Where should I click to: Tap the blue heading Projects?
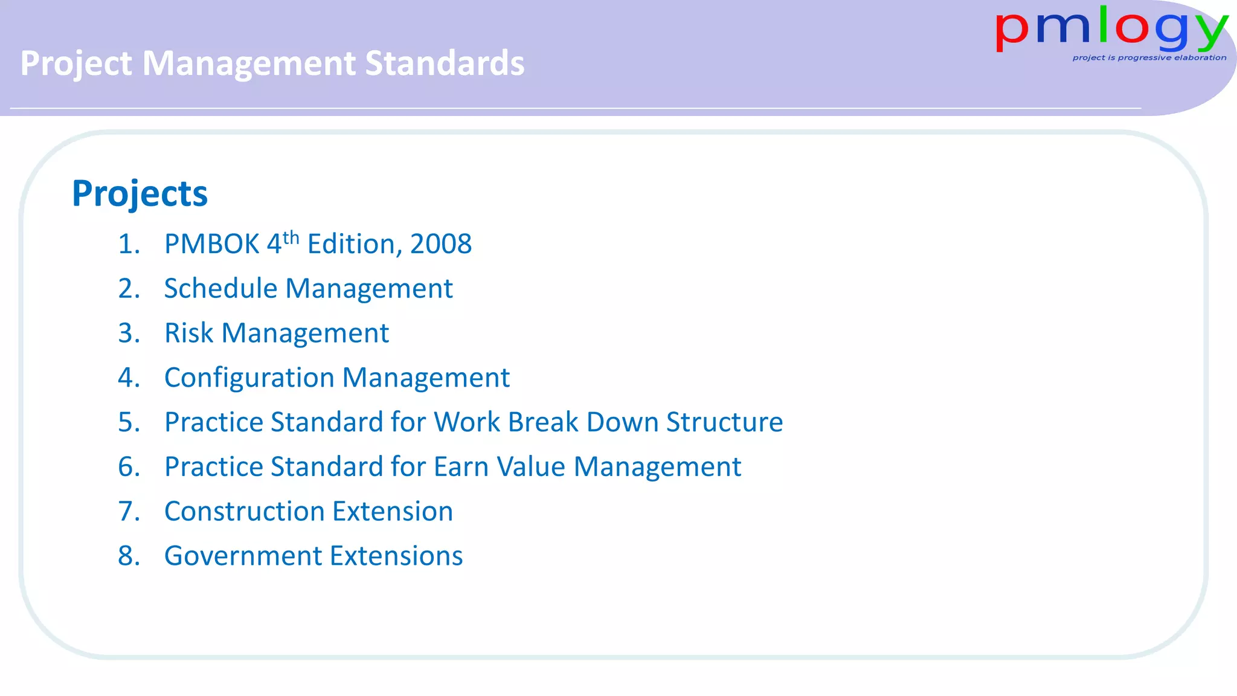pos(140,194)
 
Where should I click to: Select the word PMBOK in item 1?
pos(211,245)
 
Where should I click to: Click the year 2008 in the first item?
pos(441,245)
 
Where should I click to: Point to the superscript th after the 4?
pos(291,237)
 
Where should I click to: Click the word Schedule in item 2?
pos(220,289)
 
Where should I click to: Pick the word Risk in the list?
pos(188,333)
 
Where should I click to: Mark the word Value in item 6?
pos(535,467)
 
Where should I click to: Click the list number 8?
pos(127,556)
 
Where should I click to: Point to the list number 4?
pos(127,378)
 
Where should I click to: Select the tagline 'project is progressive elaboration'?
pos(1149,58)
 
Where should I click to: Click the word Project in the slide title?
pos(76,63)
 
